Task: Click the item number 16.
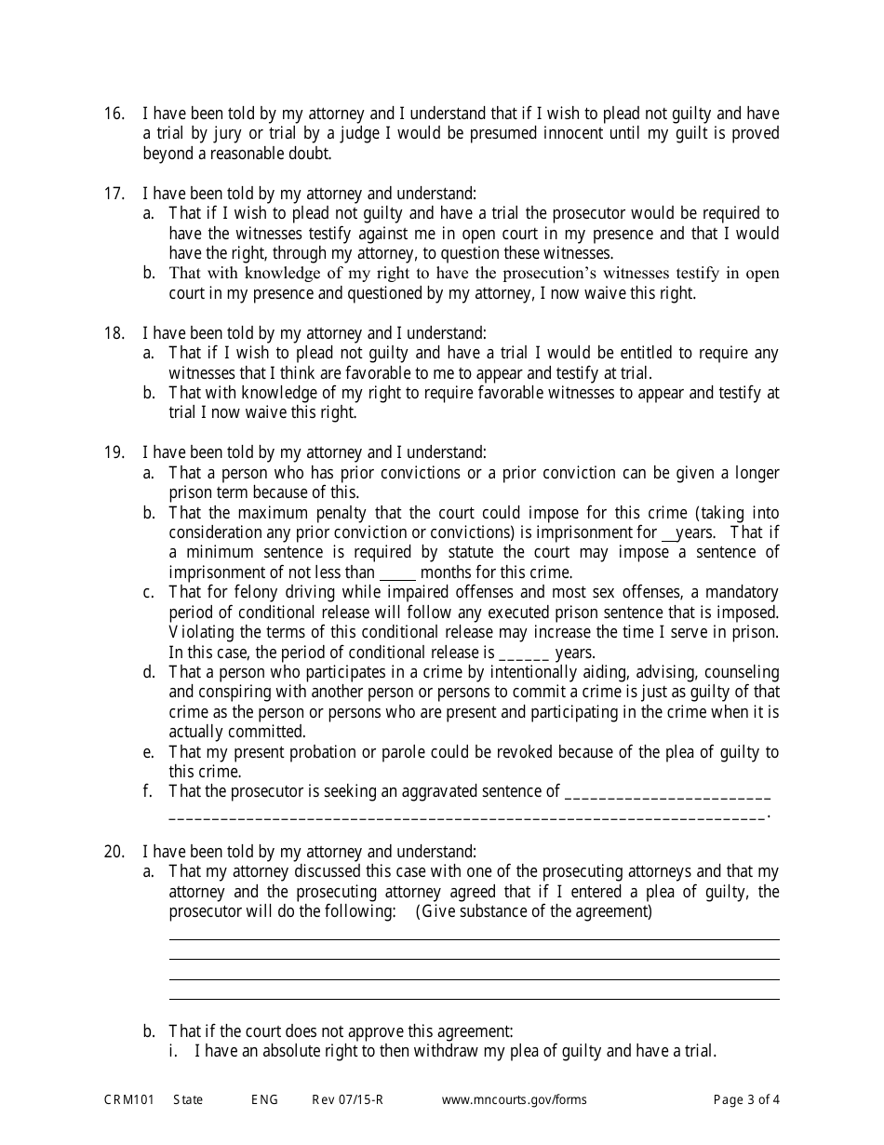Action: [113, 114]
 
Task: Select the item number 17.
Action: [113, 194]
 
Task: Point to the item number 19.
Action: [113, 453]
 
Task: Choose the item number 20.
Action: [113, 852]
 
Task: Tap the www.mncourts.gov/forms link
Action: [514, 1099]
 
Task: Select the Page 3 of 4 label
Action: [746, 1099]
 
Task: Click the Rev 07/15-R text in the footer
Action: [347, 1099]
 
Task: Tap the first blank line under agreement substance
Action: [474, 939]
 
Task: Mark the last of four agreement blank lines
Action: [474, 999]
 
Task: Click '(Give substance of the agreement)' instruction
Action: [533, 911]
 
